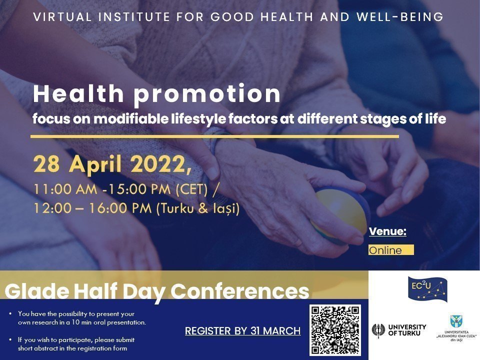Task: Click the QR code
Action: (x=335, y=330)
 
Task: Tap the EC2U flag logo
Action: (x=427, y=288)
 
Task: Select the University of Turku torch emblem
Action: (x=378, y=330)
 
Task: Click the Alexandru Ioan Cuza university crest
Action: (x=456, y=321)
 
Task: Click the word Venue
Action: (x=387, y=231)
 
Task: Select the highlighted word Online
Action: (x=385, y=250)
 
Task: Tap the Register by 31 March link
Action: (x=243, y=331)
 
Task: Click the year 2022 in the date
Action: (x=158, y=164)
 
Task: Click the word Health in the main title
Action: (x=78, y=93)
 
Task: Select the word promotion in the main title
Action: (x=207, y=94)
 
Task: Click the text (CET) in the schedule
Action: (x=191, y=189)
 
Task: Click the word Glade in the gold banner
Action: (x=37, y=291)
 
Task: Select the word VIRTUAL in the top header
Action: (x=62, y=17)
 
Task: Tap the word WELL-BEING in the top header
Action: (x=400, y=17)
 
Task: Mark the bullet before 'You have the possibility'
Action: (x=10, y=314)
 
